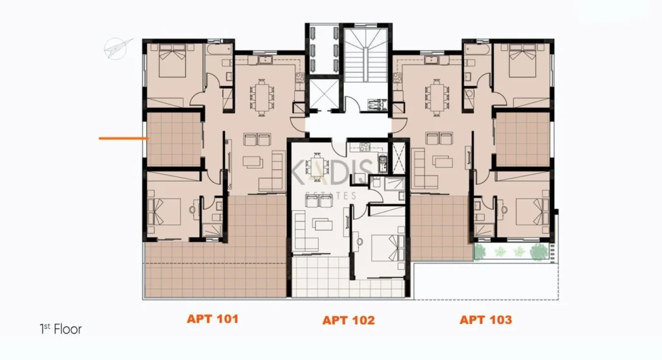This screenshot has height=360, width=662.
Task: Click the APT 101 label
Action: (x=212, y=319)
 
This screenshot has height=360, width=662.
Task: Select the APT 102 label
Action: (x=348, y=321)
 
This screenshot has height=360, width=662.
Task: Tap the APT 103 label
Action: (x=486, y=320)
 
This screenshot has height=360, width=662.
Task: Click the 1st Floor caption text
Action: (x=60, y=329)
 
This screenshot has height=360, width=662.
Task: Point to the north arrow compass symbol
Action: (x=116, y=48)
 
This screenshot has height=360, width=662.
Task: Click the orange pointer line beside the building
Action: (x=123, y=138)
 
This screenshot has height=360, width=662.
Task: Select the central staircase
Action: (x=365, y=55)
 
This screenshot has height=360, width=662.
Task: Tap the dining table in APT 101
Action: (x=262, y=97)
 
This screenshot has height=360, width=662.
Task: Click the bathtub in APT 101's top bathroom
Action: (x=219, y=49)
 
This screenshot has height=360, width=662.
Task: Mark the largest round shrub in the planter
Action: (x=539, y=251)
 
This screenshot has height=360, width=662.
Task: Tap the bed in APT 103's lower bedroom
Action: (x=533, y=211)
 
